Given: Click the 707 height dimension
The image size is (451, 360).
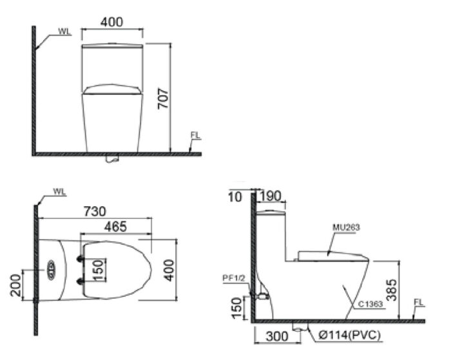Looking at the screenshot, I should tap(164, 97).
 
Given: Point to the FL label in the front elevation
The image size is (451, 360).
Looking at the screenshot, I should tap(195, 135).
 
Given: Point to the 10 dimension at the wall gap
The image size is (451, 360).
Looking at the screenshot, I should tap(236, 196).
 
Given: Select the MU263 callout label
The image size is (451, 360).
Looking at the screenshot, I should tap(346, 227).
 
